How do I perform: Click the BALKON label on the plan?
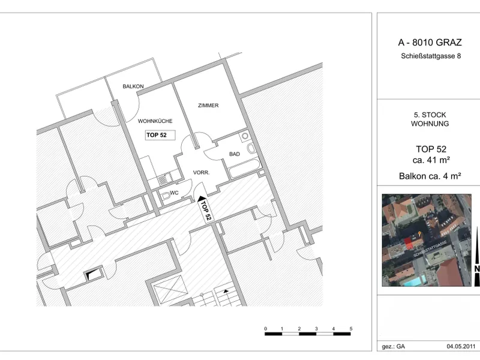click(x=133, y=86)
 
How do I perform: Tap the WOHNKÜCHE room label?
click(x=155, y=121)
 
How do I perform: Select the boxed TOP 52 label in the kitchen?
click(x=160, y=135)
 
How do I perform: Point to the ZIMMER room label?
click(x=208, y=106)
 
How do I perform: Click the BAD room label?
click(x=235, y=154)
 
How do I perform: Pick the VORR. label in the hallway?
click(x=201, y=173)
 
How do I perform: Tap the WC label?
click(x=174, y=193)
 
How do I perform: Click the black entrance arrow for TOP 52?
click(x=201, y=199)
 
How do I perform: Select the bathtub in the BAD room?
click(x=244, y=169)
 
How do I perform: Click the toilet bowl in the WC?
click(x=166, y=196)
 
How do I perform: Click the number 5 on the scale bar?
click(x=351, y=328)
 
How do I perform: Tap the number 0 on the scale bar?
click(x=265, y=328)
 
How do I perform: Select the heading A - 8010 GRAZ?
click(x=430, y=42)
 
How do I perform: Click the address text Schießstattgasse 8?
click(x=431, y=56)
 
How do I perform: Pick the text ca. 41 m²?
click(x=431, y=160)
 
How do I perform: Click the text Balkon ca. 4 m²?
click(x=430, y=176)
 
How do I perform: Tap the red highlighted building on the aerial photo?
click(x=409, y=244)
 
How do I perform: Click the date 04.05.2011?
click(x=461, y=346)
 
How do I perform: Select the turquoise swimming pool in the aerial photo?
click(x=415, y=280)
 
